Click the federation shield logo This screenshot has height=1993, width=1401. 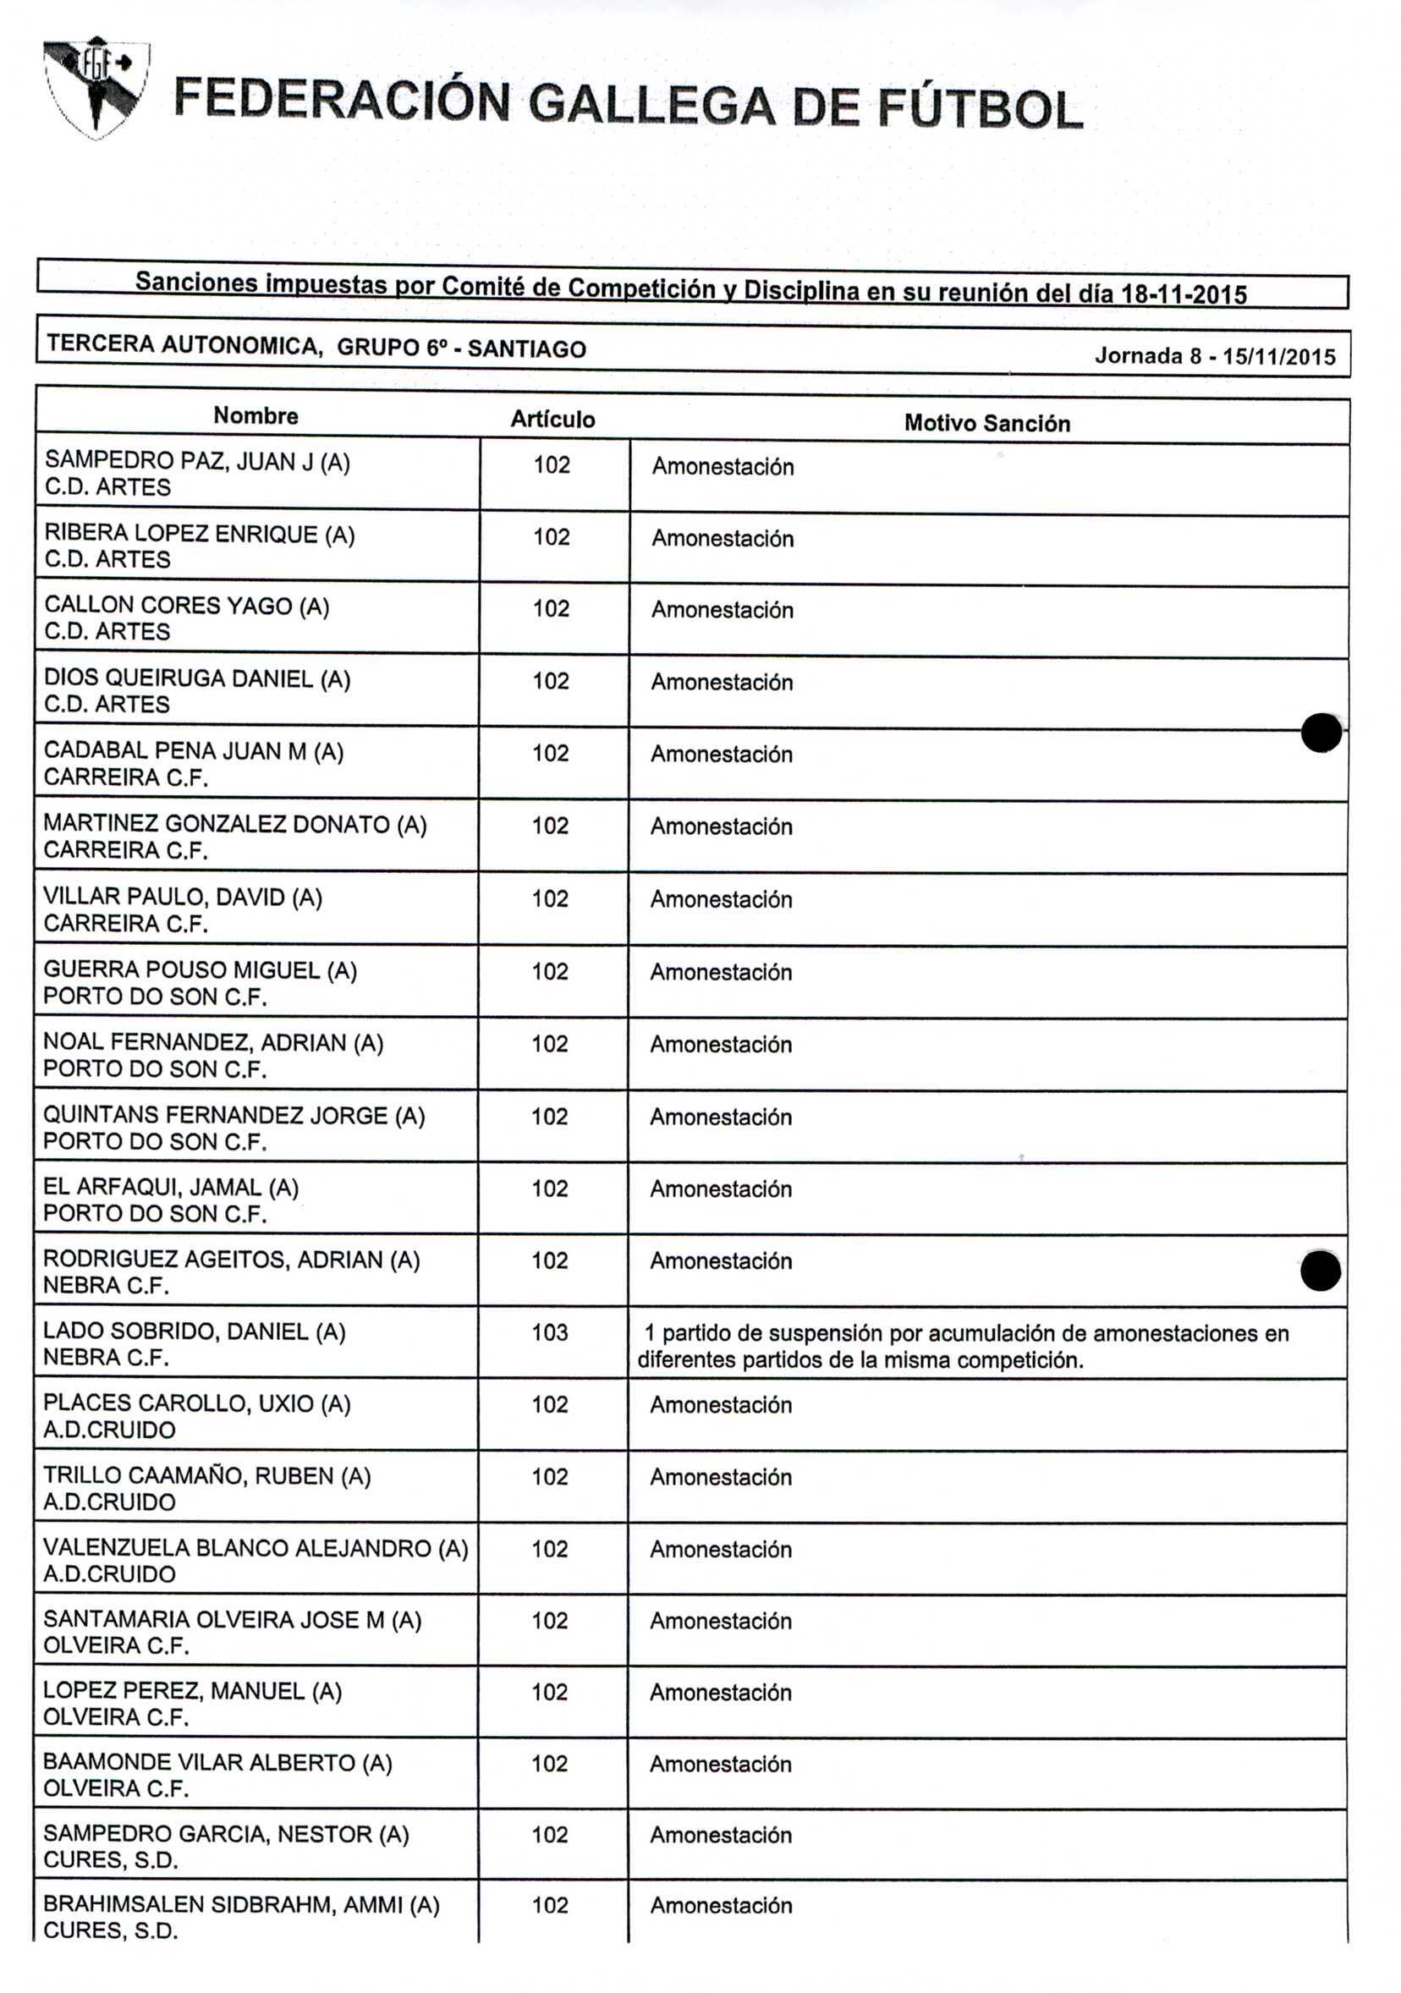pyautogui.click(x=96, y=88)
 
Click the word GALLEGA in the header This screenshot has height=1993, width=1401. pyautogui.click(x=651, y=104)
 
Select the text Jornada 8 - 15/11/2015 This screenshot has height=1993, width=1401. pyautogui.click(x=1214, y=356)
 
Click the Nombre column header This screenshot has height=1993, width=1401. pyautogui.click(x=255, y=416)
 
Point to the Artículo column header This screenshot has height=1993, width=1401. pyautogui.click(x=552, y=420)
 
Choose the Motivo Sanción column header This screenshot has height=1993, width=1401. pyautogui.click(x=987, y=424)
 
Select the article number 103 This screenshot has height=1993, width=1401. pyautogui.click(x=549, y=1332)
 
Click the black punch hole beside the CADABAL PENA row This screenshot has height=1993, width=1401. pyautogui.click(x=1321, y=733)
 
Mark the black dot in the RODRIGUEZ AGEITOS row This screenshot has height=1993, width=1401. pyautogui.click(x=1321, y=1271)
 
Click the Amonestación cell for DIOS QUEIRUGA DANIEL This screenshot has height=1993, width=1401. pyautogui.click(x=722, y=683)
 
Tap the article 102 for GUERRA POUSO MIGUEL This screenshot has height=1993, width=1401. pyautogui.click(x=549, y=971)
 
